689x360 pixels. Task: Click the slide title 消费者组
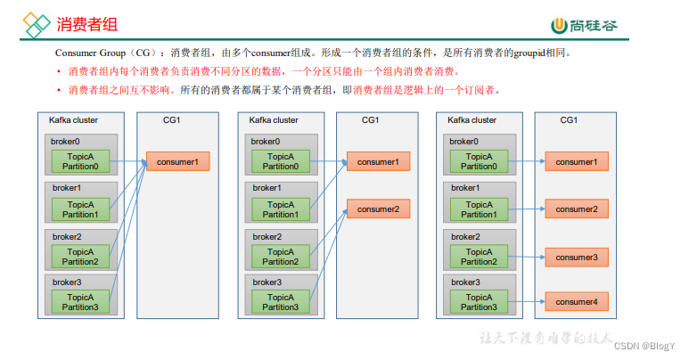(86, 24)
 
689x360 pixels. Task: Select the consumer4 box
(576, 302)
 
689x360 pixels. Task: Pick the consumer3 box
(576, 257)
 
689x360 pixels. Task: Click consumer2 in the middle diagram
(378, 209)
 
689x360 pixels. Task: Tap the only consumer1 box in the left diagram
(177, 161)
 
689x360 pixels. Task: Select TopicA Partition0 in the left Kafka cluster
(81, 161)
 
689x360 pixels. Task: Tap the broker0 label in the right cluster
(463, 141)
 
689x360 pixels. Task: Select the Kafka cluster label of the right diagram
(472, 120)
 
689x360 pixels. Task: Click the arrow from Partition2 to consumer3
(525, 257)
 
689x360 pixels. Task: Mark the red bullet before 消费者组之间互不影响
(59, 90)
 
